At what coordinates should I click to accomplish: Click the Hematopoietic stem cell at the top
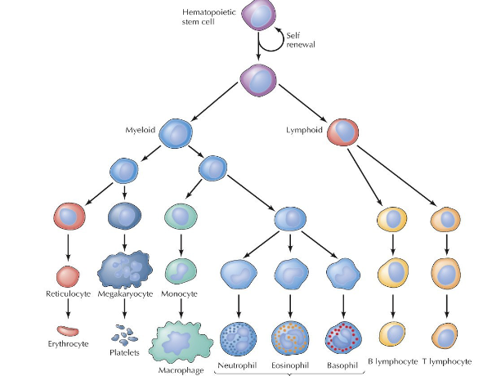tap(260, 17)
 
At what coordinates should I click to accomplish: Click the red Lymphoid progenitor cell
tap(343, 131)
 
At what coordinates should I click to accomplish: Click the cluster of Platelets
tap(124, 335)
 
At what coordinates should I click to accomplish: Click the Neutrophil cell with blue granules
tap(239, 336)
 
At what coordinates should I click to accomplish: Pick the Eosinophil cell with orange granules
tap(290, 336)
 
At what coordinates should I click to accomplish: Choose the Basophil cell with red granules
tap(343, 336)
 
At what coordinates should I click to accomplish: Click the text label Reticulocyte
tap(68, 293)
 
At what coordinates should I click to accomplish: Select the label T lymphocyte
tap(447, 360)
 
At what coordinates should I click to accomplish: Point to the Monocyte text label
tap(181, 293)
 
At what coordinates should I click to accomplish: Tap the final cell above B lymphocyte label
tap(393, 333)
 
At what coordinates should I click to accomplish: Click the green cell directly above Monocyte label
tap(181, 270)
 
